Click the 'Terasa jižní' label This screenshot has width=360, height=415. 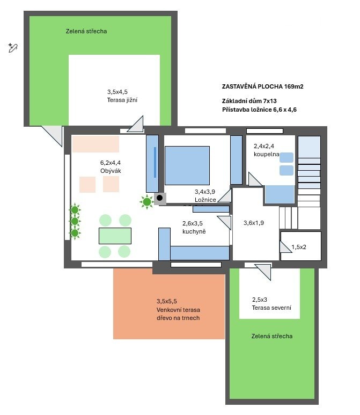[x=122, y=100]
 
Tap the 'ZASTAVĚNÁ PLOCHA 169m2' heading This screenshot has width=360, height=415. [x=263, y=86]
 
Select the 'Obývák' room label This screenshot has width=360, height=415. [x=111, y=171]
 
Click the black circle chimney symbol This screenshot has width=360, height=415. [x=159, y=198]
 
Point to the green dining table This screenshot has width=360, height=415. [x=115, y=236]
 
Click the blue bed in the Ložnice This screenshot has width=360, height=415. [x=187, y=165]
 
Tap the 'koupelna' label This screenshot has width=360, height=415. [x=266, y=154]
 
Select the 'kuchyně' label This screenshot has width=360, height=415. [x=194, y=231]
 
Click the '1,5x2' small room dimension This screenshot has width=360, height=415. [x=299, y=247]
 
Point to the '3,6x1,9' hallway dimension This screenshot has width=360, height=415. [x=254, y=223]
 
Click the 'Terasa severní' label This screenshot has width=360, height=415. [x=271, y=308]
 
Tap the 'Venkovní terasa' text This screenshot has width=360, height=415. [x=178, y=310]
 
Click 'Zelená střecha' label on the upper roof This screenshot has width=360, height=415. [x=86, y=31]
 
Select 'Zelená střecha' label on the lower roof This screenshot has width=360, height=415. [x=272, y=336]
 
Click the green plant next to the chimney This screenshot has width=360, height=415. [x=147, y=202]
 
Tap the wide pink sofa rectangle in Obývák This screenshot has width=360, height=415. [x=95, y=144]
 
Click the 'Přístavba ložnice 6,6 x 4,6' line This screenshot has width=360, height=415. [x=259, y=110]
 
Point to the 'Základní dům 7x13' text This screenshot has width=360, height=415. [x=249, y=101]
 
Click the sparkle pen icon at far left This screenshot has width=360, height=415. [x=13, y=48]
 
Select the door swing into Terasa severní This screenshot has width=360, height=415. [x=263, y=272]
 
